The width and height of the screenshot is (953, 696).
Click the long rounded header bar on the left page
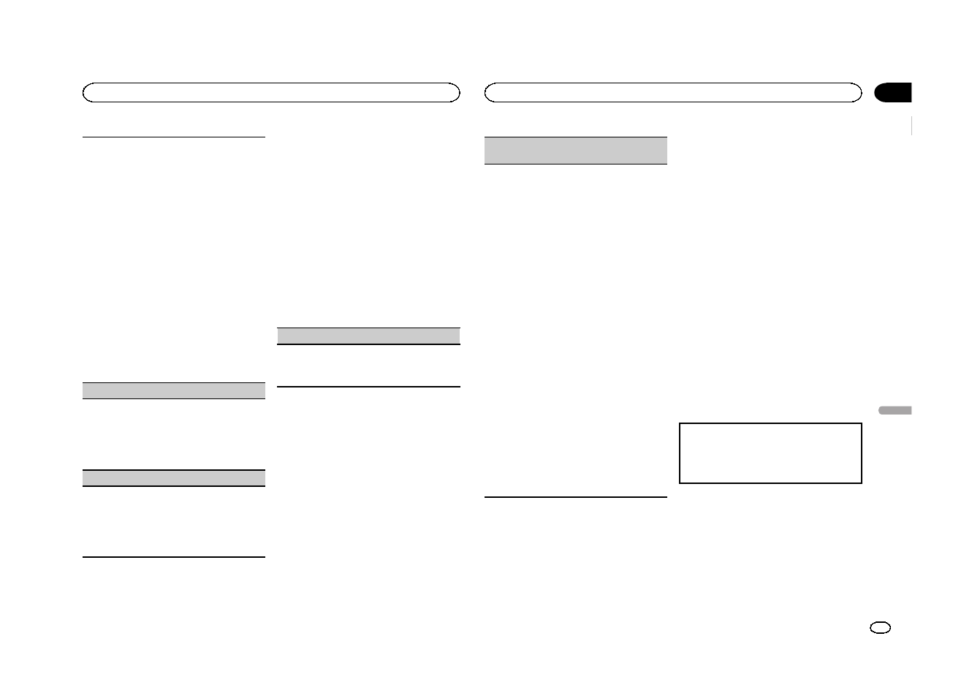coord(271,92)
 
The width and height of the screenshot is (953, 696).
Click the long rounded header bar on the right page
coord(673,92)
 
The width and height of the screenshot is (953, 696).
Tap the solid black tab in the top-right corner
coord(894,92)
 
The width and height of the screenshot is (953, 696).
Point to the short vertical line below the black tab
coord(912,126)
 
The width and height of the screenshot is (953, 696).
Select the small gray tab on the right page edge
coord(894,412)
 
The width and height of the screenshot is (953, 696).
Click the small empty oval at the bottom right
coord(881,628)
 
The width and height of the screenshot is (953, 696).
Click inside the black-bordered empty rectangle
coord(770,453)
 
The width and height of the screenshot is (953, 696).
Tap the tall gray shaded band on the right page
coord(576,150)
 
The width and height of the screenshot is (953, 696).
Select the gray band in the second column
coord(369,336)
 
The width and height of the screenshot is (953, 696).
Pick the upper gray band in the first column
coord(174,390)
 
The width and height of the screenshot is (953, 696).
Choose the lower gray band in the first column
coord(174,478)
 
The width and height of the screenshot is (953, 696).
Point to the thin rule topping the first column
coord(174,136)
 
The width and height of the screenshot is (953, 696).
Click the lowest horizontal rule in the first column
coord(174,557)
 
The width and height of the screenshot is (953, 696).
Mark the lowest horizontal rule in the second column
coord(369,386)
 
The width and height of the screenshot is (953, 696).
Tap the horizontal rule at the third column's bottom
coord(576,497)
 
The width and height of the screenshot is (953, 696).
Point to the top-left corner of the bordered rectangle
coord(680,423)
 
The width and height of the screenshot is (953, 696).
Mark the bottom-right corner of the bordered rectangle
coord(862,483)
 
